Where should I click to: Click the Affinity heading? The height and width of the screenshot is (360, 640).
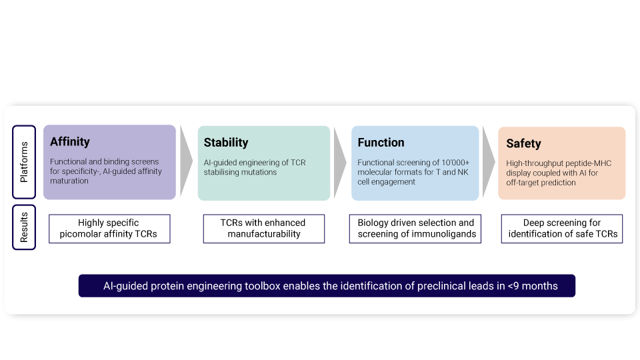pos(70,141)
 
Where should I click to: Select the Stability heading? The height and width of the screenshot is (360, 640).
pos(226,142)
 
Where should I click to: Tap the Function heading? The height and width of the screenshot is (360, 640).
pos(381,142)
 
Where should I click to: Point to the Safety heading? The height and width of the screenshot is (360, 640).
pos(523,143)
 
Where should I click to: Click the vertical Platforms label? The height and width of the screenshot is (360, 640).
pos(24,162)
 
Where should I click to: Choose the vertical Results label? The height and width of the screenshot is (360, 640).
pos(24,227)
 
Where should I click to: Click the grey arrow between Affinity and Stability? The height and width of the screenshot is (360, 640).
pos(186,162)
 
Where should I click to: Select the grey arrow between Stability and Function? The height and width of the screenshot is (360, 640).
pos(340,162)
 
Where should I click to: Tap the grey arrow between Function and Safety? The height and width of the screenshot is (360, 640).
pos(489,162)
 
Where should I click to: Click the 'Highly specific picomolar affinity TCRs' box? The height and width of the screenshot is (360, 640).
pos(109,229)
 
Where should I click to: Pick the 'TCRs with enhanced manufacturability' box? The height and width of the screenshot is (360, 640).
pos(263,229)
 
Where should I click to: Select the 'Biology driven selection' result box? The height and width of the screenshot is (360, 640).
pos(415,229)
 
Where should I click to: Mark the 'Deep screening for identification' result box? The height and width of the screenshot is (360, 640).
pos(562,229)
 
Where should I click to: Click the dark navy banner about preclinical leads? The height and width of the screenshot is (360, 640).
pos(327,286)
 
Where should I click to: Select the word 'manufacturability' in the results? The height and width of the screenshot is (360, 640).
pos(264,234)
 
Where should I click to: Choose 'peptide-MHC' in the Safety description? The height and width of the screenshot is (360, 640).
pos(587,163)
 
